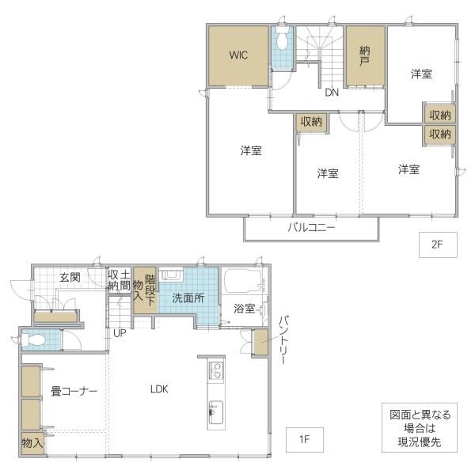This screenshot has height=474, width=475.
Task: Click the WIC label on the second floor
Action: (x=238, y=55)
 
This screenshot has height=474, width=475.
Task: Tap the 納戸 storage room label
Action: (x=364, y=56)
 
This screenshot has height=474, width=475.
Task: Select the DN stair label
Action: (x=332, y=93)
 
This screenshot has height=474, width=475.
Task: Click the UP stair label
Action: (x=120, y=333)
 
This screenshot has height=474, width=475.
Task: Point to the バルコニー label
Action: (x=311, y=227)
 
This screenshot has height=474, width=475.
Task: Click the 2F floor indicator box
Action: (x=438, y=245)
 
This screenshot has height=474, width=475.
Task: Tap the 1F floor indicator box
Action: (x=305, y=439)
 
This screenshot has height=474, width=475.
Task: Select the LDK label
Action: (x=159, y=389)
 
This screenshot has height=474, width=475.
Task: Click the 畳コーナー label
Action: (x=74, y=392)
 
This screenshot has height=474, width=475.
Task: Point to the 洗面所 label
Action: (x=188, y=298)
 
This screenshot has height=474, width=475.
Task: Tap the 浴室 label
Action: (x=244, y=309)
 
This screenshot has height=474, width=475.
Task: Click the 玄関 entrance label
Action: (x=70, y=277)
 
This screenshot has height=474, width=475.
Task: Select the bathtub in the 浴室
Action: (x=243, y=281)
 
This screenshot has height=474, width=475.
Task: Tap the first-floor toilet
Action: (x=33, y=339)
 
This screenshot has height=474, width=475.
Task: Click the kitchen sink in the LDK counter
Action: (x=216, y=413)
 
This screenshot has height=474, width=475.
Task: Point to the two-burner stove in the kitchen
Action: (x=216, y=370)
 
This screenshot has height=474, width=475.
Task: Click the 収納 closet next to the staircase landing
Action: (x=311, y=122)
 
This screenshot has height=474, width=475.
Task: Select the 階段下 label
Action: (x=150, y=290)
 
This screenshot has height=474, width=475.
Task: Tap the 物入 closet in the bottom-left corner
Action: (x=32, y=443)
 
